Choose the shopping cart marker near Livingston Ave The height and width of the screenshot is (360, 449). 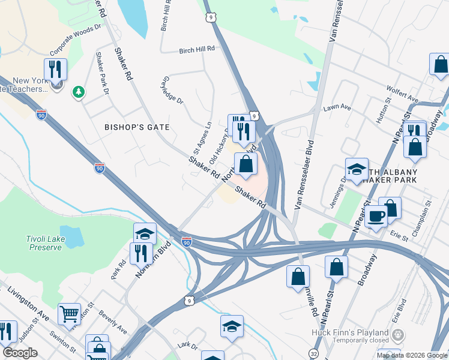pyautogui.click(x=69, y=314)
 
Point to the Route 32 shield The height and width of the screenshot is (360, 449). pyautogui.click(x=315, y=354)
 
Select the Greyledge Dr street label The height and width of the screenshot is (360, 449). pyautogui.click(x=172, y=91)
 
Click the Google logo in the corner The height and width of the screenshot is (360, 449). pyautogui.click(x=20, y=353)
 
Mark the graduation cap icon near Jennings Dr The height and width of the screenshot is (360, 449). pyautogui.click(x=357, y=169)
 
